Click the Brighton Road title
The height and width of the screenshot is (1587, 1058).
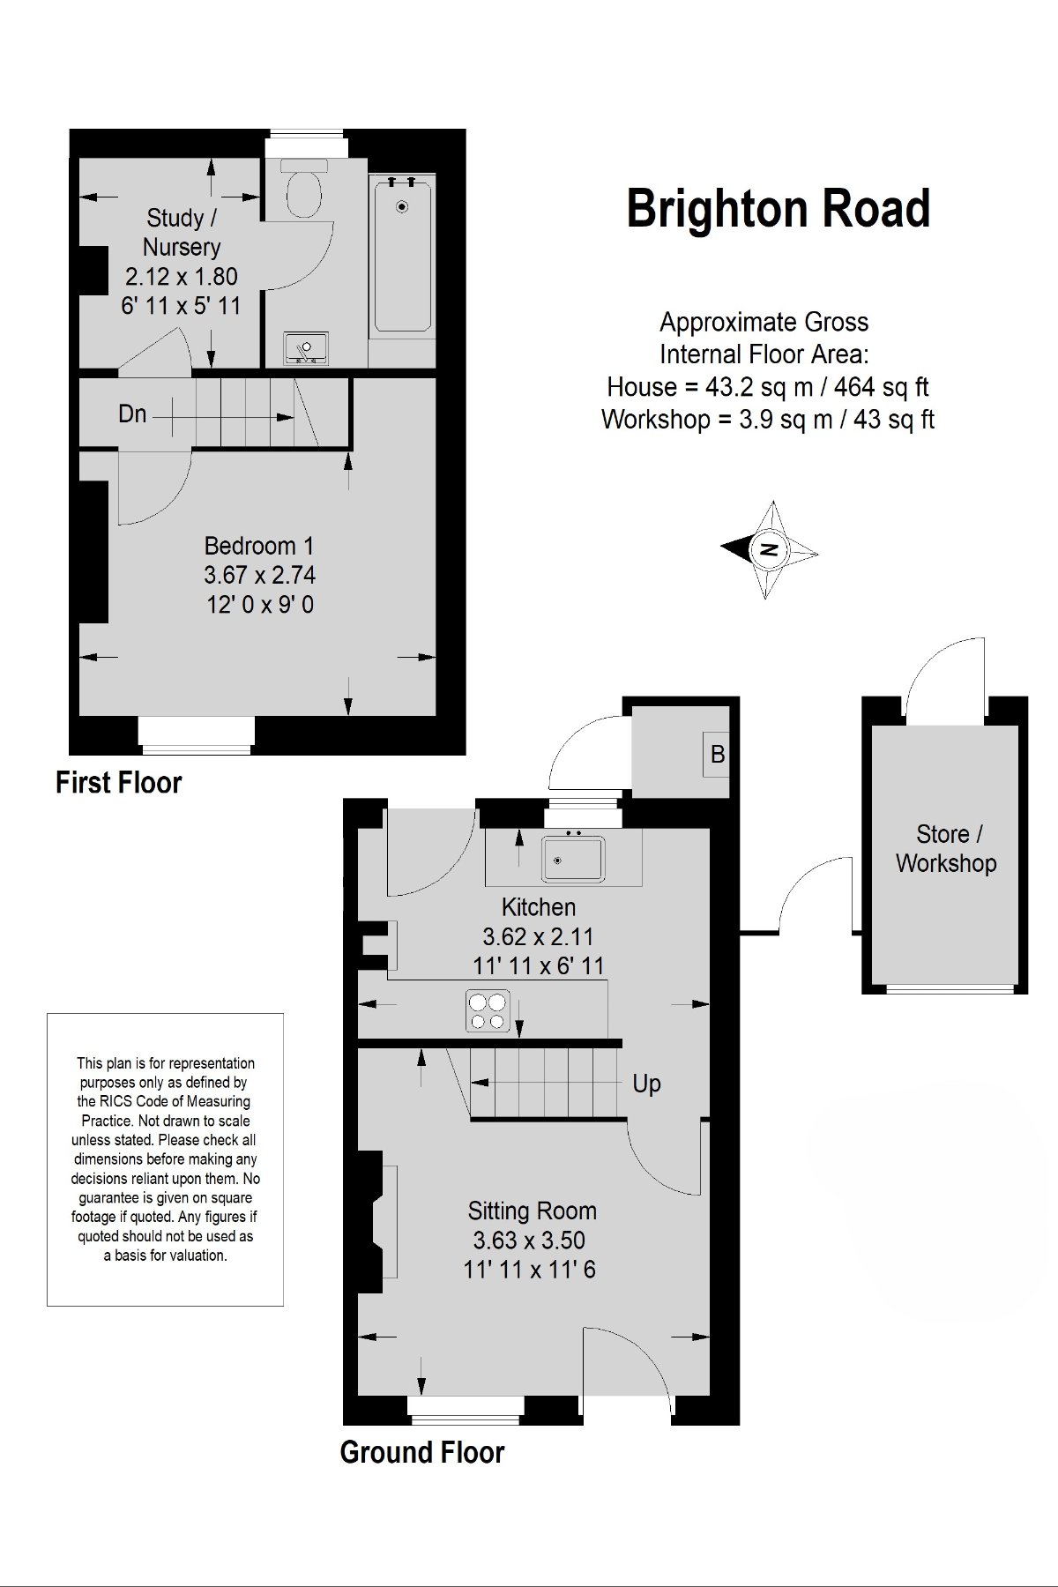[x=779, y=209]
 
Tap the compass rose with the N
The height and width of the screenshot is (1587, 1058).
[x=770, y=549]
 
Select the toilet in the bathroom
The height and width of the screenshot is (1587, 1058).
[x=303, y=188]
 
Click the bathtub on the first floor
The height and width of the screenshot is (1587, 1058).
[x=402, y=255]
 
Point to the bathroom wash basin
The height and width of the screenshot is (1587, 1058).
[x=306, y=347]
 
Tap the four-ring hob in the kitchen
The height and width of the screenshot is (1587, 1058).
[x=488, y=1010]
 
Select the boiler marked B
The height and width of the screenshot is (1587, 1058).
[x=717, y=754]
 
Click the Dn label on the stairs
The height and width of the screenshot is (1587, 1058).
[x=132, y=414]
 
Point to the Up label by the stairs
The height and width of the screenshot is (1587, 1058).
[x=646, y=1084]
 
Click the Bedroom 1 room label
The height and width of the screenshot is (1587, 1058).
[x=259, y=546]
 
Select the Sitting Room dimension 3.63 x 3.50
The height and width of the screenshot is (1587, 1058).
[x=529, y=1241]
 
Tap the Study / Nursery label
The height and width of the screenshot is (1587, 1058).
[x=182, y=232]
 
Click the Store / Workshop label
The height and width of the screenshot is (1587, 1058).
[x=946, y=848]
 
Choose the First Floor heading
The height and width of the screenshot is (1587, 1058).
[x=118, y=782]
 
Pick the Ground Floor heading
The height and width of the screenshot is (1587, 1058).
[x=422, y=1452]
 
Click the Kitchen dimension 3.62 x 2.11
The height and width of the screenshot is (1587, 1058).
[x=538, y=936]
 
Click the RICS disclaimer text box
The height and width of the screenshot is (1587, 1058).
[x=165, y=1159]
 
